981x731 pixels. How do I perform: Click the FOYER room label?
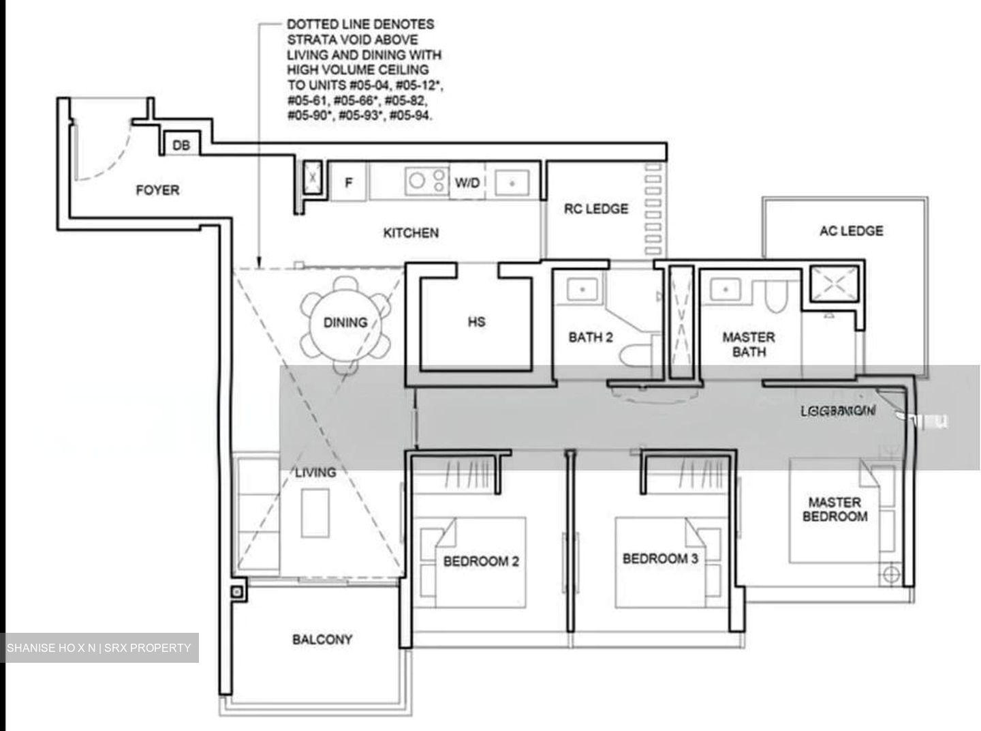(157, 190)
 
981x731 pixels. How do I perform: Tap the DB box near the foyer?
(181, 145)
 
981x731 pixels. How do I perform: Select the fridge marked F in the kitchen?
(349, 182)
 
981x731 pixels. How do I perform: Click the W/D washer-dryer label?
(467, 182)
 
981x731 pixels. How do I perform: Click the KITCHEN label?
(411, 233)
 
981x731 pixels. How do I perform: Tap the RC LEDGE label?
(596, 209)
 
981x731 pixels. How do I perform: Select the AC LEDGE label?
(851, 230)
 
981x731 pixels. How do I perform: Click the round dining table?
(345, 323)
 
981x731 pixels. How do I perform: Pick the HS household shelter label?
(477, 321)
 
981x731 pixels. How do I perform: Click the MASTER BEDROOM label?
(835, 509)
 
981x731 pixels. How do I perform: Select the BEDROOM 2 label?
(481, 561)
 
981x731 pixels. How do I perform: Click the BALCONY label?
(322, 640)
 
